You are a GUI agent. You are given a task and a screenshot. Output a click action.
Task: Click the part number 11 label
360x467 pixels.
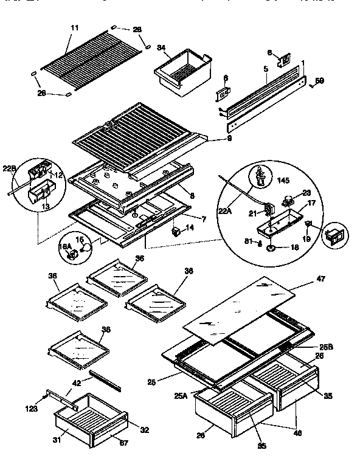[x=75, y=29]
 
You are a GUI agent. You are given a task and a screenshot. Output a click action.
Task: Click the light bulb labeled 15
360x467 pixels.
[x=87, y=247]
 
